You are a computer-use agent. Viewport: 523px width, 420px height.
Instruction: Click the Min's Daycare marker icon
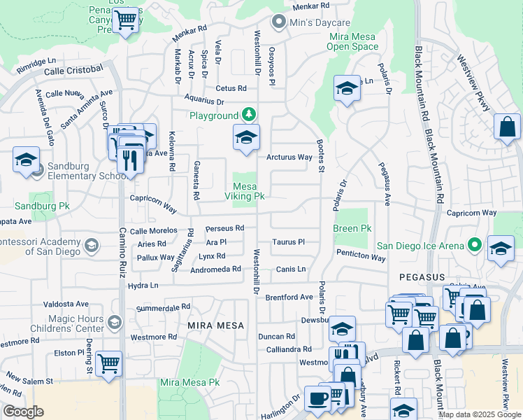[x=279, y=22]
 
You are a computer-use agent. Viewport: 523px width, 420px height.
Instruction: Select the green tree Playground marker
[x=248, y=114]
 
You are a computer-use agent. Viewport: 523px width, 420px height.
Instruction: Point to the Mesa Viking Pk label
[x=248, y=191]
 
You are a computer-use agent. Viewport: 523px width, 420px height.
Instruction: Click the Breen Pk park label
[x=352, y=228]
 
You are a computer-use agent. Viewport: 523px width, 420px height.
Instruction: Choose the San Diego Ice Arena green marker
[x=475, y=245]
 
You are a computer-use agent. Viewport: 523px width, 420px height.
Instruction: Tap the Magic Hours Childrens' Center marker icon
[x=115, y=321]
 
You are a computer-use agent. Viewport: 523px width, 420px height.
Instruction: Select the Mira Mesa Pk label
[x=189, y=382]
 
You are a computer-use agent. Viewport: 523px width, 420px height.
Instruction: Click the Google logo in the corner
[x=23, y=412]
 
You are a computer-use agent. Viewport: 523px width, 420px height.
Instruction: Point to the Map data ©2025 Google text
[x=480, y=414]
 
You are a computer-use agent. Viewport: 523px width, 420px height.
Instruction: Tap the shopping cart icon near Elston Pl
[x=108, y=363]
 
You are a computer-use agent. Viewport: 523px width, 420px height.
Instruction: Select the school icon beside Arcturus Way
[x=246, y=137]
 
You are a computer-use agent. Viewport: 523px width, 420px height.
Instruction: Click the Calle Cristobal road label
[x=73, y=71]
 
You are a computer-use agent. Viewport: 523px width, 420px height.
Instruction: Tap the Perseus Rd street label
[x=224, y=228]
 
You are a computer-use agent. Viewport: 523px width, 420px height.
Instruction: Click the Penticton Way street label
[x=360, y=257]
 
